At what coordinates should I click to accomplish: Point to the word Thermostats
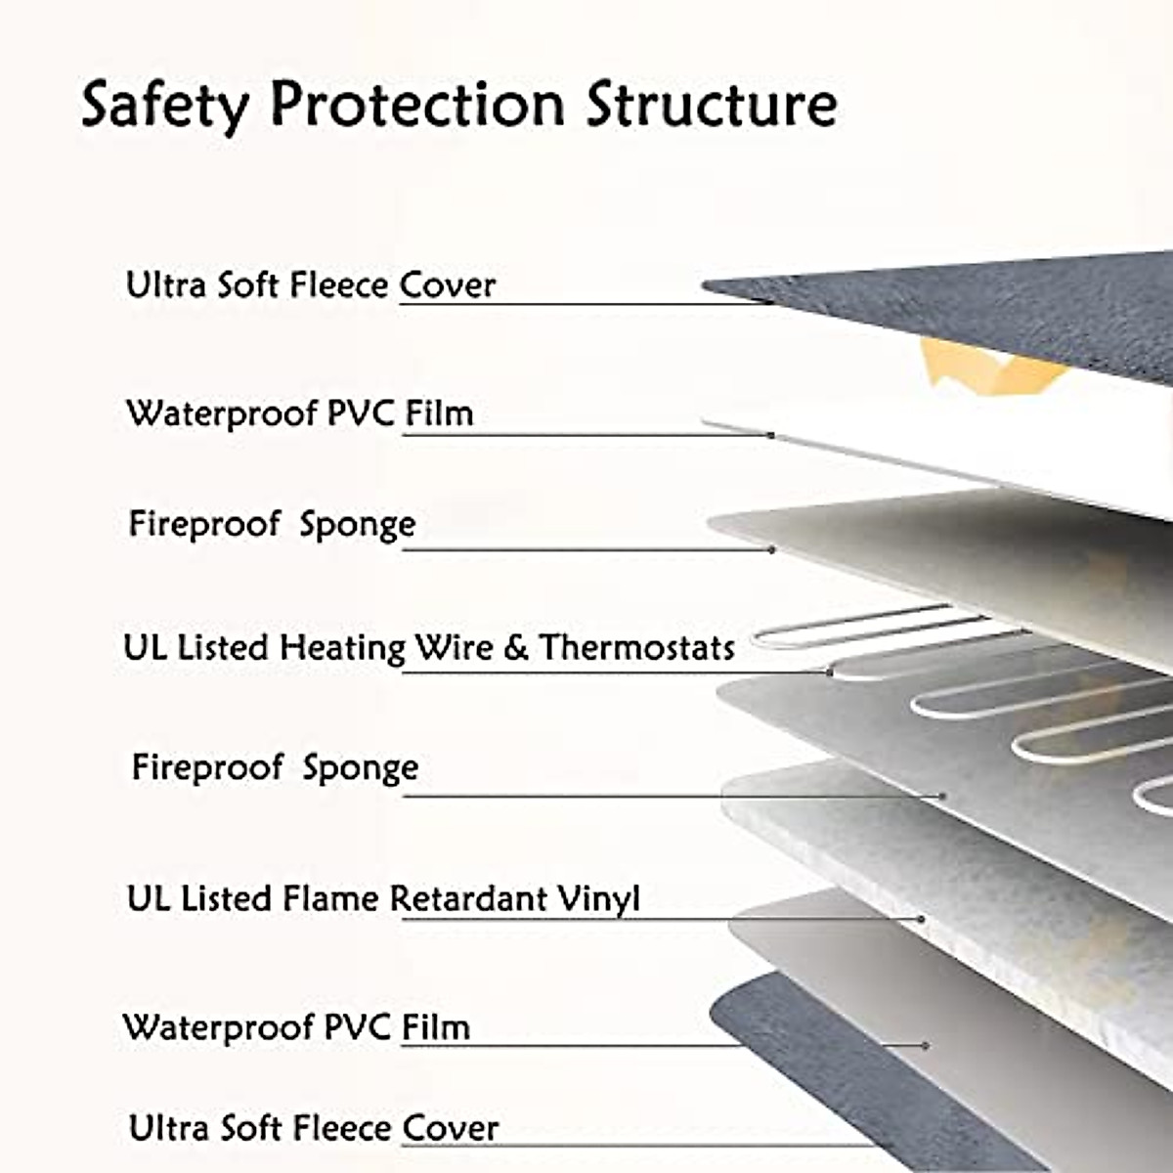(x=637, y=647)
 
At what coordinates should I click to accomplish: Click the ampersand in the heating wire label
(x=516, y=648)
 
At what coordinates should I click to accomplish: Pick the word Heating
(x=342, y=648)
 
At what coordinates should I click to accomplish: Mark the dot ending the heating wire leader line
(x=830, y=672)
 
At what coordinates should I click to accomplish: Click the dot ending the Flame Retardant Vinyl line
(x=922, y=919)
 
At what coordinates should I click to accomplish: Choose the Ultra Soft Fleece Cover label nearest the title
(x=311, y=285)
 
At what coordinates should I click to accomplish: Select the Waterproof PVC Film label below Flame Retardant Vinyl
(x=296, y=1027)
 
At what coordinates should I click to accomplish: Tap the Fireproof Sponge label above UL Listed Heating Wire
(x=272, y=524)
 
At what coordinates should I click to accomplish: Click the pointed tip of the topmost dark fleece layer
(x=706, y=285)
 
